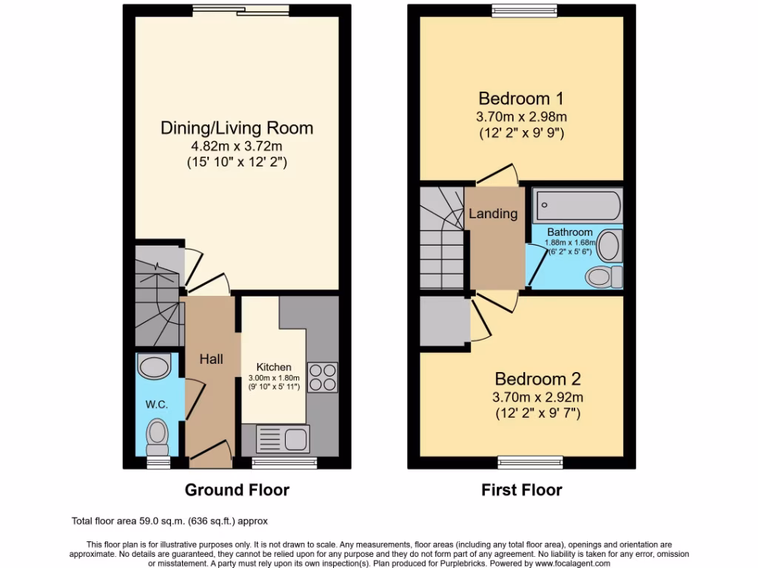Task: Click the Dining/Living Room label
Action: pos(237,128)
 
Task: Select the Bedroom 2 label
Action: pos(538,379)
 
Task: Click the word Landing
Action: pos(494,214)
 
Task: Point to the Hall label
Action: pos(211,359)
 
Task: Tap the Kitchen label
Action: pos(274,367)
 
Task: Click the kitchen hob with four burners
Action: pos(322,376)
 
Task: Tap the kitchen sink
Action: pos(282,438)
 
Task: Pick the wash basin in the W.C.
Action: pos(155,367)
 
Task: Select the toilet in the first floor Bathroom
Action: pos(603,277)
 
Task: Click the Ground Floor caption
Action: pos(237,490)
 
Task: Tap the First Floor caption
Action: pos(522,490)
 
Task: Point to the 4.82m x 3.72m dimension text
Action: pos(237,146)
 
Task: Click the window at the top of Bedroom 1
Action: pos(522,10)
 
